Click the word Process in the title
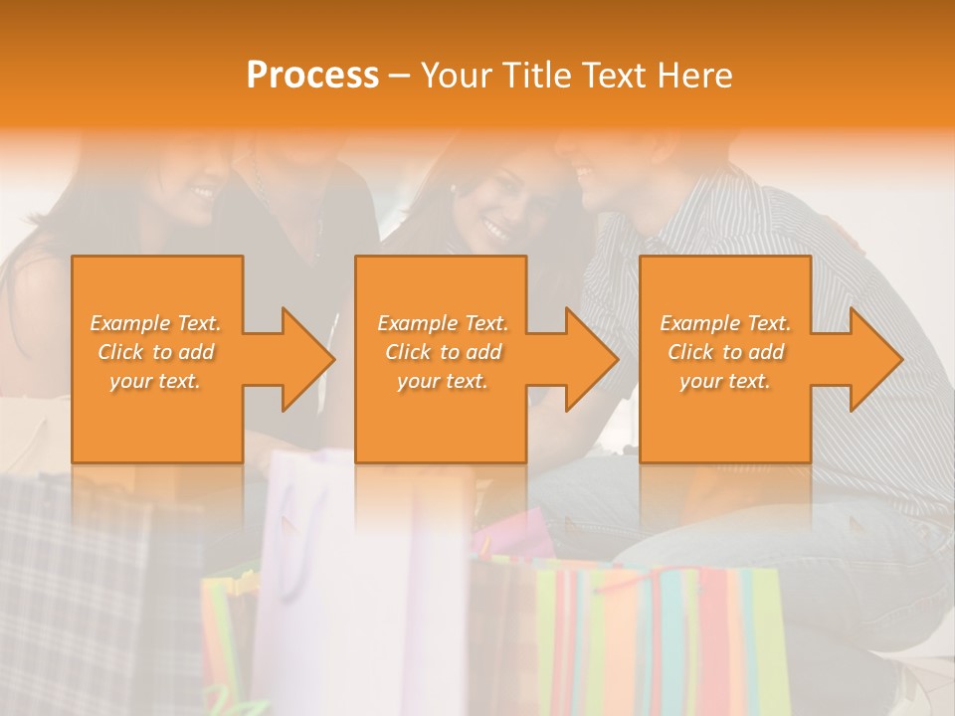(x=312, y=76)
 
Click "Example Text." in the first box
(x=155, y=323)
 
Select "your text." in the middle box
(x=442, y=381)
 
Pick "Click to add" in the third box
(x=725, y=352)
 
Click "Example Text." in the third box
(x=725, y=323)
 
